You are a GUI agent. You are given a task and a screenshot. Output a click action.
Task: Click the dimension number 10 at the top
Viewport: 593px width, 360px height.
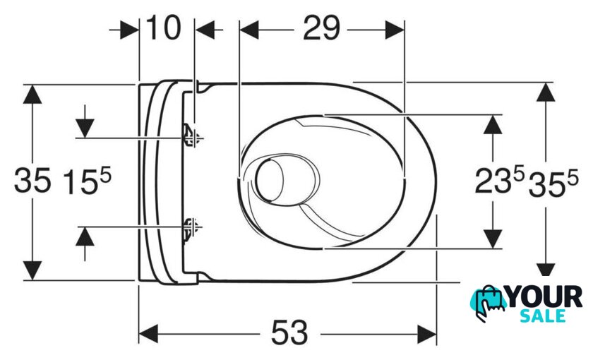(x=163, y=28)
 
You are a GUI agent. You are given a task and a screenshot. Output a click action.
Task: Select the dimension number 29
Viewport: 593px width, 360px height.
(x=321, y=28)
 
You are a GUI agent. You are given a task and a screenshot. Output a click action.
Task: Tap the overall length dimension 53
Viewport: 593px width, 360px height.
(x=289, y=332)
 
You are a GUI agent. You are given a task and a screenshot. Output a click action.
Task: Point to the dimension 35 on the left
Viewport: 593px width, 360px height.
(x=32, y=181)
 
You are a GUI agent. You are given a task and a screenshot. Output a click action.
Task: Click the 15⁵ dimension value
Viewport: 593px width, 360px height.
(x=88, y=181)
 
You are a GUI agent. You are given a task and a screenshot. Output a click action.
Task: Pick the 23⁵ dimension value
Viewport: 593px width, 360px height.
(x=500, y=181)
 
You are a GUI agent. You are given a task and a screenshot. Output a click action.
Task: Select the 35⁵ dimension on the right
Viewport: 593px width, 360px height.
(x=553, y=183)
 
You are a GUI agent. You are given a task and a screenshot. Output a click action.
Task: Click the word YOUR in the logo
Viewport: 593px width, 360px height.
(x=545, y=297)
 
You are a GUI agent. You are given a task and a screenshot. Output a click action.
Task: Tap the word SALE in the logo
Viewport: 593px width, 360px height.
(x=543, y=316)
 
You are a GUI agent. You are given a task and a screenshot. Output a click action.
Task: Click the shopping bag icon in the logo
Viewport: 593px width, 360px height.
(x=489, y=304)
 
